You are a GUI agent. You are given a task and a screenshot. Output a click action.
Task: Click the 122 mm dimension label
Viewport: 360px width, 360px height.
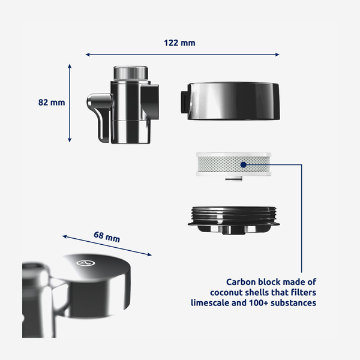[x=179, y=43]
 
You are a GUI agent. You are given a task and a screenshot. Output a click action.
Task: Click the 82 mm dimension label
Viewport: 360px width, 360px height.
[x=52, y=102]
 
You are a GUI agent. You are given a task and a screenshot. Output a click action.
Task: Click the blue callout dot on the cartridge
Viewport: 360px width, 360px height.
[x=243, y=164]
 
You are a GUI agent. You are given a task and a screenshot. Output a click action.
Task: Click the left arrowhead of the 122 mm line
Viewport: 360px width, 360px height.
[x=88, y=55]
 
